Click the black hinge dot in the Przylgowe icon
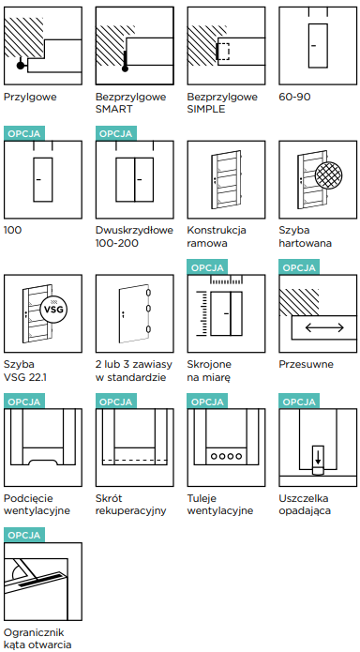20,66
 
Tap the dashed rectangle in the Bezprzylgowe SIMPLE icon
223,52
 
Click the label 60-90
294,97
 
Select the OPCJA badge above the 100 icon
23,133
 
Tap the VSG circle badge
53,310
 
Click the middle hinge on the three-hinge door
149,308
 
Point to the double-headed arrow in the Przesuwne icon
324,327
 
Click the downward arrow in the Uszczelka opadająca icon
318,457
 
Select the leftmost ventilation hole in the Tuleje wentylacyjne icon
214,456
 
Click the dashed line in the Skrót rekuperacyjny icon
134,460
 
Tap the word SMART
113,110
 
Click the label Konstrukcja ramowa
217,236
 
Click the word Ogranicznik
34,633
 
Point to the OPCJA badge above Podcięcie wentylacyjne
23,402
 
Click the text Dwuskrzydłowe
134,230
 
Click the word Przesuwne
306,364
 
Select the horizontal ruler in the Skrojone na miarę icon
227,281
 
